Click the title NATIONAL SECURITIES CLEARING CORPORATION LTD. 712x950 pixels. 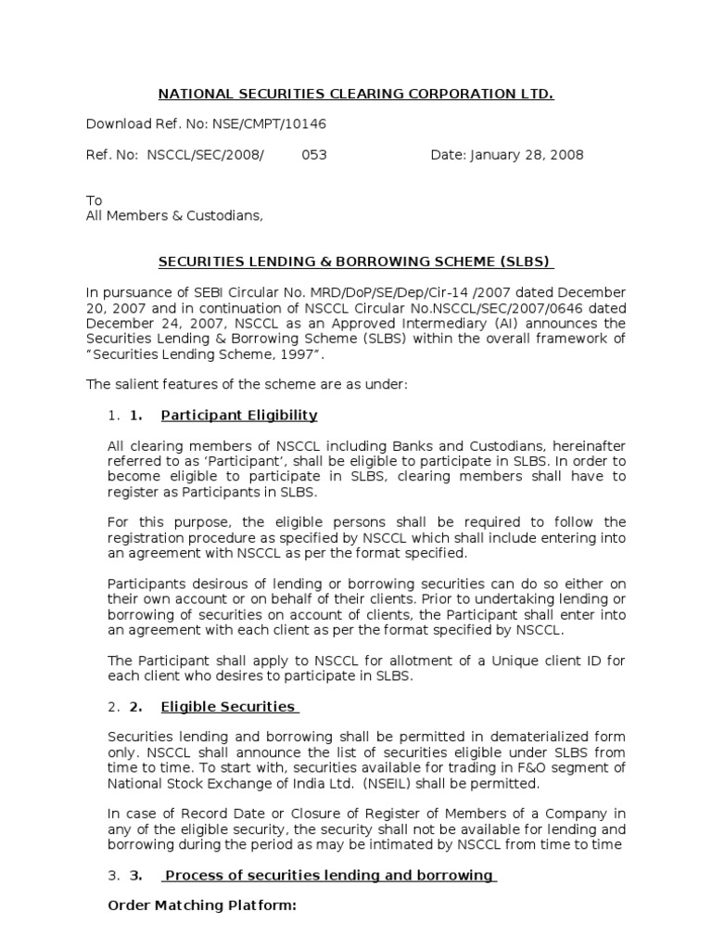[x=356, y=95]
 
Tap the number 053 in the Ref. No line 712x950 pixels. [x=314, y=155]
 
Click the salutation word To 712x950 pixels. [x=94, y=200]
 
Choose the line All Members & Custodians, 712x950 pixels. [x=174, y=216]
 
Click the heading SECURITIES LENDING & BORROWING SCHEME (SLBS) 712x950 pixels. [x=356, y=262]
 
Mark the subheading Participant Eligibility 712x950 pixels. [x=239, y=415]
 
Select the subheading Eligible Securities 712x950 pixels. [x=228, y=707]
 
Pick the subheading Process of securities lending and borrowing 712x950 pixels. [x=329, y=875]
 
